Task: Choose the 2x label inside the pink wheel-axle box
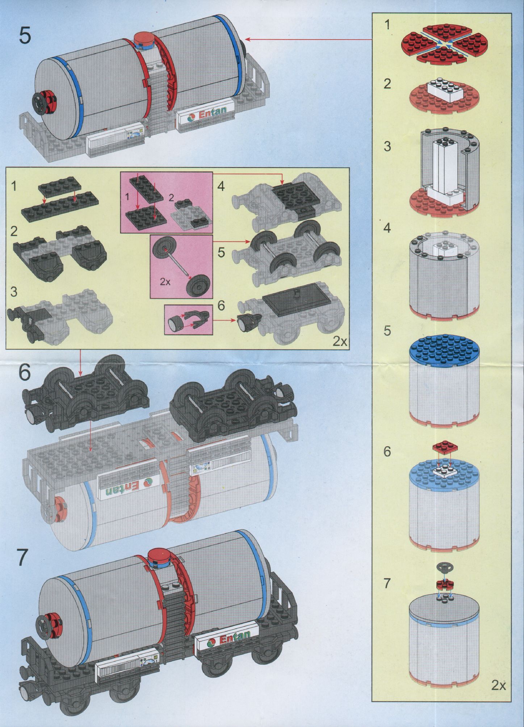coord(165,282)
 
